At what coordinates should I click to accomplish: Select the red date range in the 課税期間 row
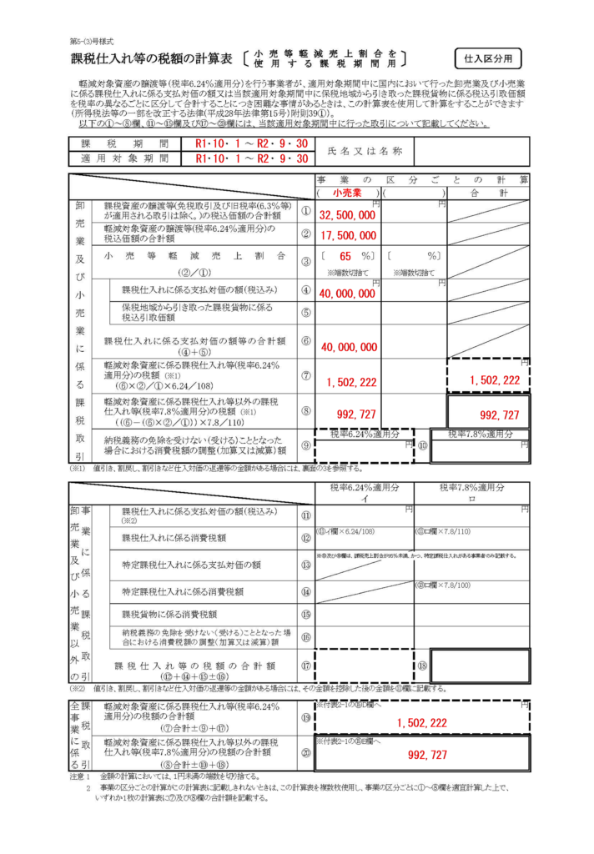pos(251,143)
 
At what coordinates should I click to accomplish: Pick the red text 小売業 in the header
pos(345,193)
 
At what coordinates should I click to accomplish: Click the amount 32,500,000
pos(347,214)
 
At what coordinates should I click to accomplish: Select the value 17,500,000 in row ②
pos(347,236)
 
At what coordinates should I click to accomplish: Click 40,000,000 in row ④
pos(347,294)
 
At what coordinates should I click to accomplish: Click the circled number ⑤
pos(305,313)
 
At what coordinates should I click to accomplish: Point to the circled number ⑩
pos(422,446)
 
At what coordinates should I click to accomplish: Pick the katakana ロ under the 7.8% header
pos(472,499)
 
